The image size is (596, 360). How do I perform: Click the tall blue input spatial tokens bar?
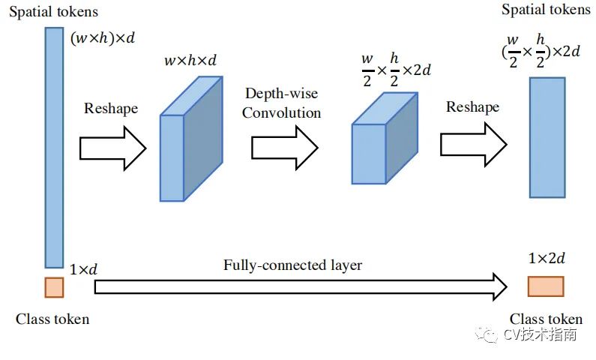[54, 147]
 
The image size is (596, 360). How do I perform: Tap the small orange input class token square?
[54, 287]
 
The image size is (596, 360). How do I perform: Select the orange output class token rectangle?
[545, 286]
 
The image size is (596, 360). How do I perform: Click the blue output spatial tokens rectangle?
[547, 137]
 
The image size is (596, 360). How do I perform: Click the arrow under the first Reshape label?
[112, 148]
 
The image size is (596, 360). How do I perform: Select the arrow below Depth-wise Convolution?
[283, 148]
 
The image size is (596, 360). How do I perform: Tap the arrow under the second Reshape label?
[473, 144]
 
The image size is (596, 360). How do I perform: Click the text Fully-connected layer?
[292, 265]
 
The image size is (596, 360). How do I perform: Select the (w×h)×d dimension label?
[103, 38]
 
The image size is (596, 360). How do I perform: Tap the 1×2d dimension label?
[546, 259]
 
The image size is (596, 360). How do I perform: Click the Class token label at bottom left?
[52, 319]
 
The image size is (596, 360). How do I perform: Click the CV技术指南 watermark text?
[540, 334]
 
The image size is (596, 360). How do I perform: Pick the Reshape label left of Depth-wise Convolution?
[111, 108]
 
